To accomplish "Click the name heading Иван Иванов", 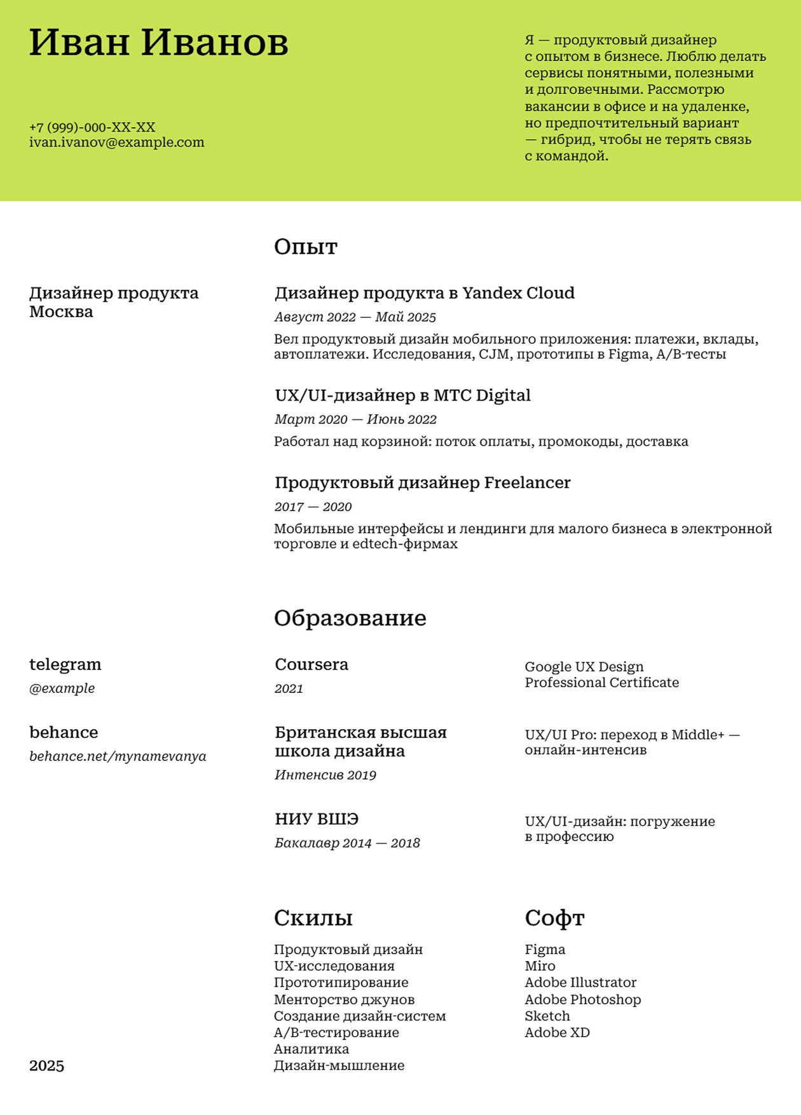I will point(159,43).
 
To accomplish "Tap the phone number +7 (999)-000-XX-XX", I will point(92,127).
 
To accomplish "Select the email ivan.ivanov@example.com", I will point(117,142).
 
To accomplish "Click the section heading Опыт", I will point(305,247).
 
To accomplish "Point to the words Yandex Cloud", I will point(518,293).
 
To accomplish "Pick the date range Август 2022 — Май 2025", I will point(355,317).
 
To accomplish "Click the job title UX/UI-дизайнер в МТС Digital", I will point(402,395).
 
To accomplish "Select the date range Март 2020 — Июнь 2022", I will point(355,420).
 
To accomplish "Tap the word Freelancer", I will point(527,483).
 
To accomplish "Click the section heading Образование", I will point(350,618).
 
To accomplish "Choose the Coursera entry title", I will point(311,665).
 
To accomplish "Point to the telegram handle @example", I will point(62,688).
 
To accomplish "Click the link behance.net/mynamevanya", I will point(118,756).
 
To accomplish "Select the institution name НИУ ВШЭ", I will point(317,819).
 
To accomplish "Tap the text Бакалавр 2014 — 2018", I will point(347,844).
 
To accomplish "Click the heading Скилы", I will point(313,918).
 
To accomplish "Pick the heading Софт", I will point(554,918).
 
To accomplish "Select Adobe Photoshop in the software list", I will point(582,999).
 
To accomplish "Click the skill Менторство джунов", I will point(344,999).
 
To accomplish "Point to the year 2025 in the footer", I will point(46,1066).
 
